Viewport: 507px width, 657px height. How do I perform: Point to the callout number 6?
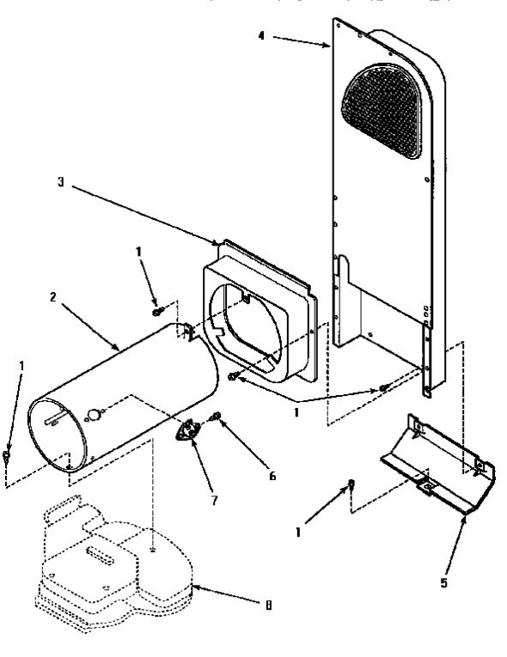(272, 474)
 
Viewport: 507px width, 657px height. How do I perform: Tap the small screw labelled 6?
(217, 418)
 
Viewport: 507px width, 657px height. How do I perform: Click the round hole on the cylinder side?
(93, 416)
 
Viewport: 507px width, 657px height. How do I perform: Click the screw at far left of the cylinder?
(7, 453)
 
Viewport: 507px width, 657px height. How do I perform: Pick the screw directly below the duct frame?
(234, 375)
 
